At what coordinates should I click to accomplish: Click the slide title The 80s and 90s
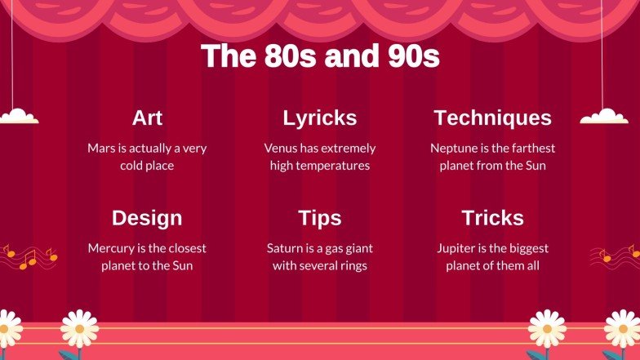pyautogui.click(x=320, y=56)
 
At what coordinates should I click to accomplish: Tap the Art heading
pyautogui.click(x=147, y=118)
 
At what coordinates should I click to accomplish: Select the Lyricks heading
pyautogui.click(x=320, y=118)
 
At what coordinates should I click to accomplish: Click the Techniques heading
pyautogui.click(x=492, y=118)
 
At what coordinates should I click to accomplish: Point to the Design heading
pyautogui.click(x=147, y=218)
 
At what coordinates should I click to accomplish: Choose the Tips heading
pyautogui.click(x=320, y=218)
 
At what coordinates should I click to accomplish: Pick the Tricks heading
pyautogui.click(x=492, y=218)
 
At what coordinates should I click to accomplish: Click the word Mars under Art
pyautogui.click(x=101, y=149)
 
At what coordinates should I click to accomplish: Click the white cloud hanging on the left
pyautogui.click(x=18, y=116)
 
